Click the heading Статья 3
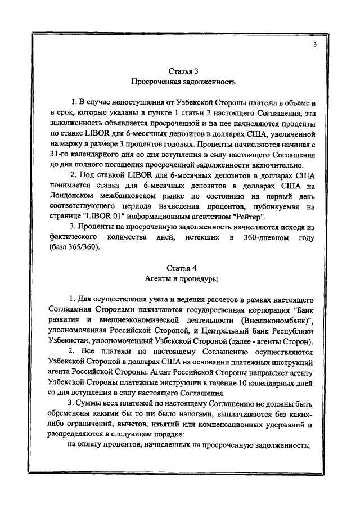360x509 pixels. click(183, 71)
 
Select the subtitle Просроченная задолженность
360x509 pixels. click(183, 82)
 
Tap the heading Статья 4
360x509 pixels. click(183, 267)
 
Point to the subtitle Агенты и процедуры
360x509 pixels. click(183, 278)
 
